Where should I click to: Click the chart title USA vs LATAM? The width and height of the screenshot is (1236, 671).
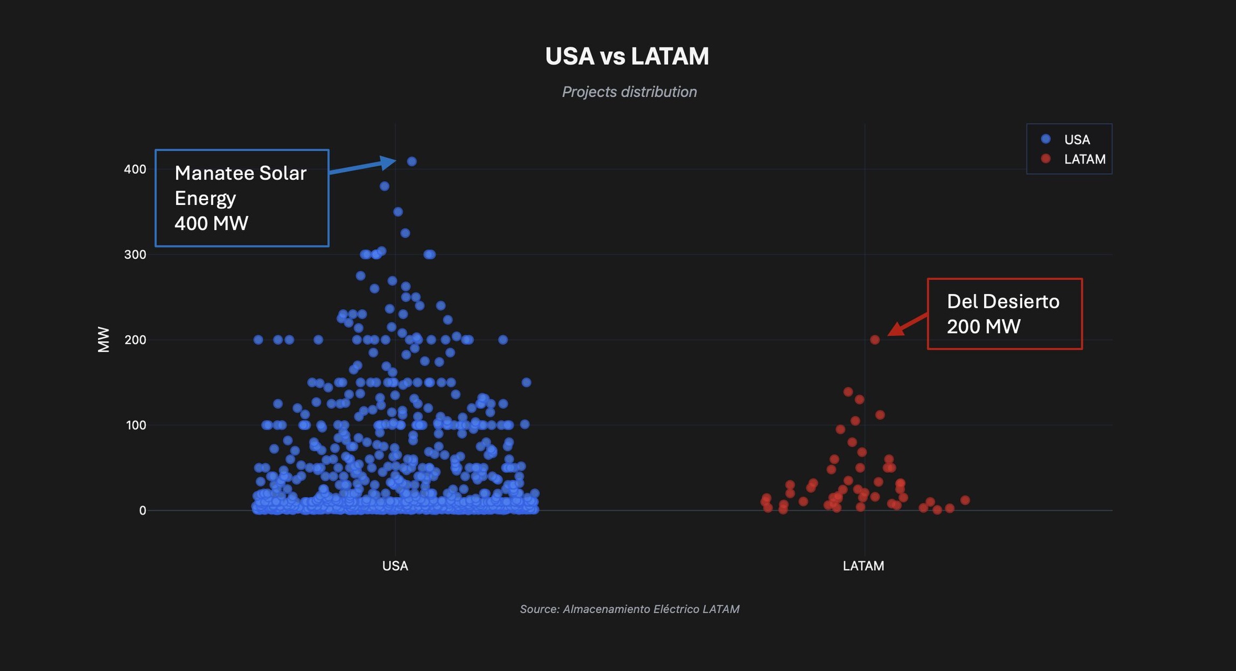[627, 56]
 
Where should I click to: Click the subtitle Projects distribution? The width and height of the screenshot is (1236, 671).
[629, 92]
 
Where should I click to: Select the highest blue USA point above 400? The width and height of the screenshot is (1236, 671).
[412, 161]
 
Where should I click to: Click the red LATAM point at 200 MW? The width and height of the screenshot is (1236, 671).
[875, 340]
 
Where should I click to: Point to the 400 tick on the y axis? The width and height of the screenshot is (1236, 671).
[135, 169]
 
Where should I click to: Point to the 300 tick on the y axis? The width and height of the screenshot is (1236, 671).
[135, 255]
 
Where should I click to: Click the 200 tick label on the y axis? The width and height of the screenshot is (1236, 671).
[135, 340]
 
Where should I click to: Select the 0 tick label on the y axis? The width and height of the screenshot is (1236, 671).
[142, 510]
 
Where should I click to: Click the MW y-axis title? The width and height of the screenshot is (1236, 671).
[103, 340]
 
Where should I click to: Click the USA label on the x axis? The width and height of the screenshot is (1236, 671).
[395, 566]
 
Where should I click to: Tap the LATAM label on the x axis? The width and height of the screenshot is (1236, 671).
[863, 566]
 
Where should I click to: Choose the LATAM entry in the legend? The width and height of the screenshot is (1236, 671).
[1084, 159]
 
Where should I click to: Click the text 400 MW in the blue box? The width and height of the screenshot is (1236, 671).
[211, 223]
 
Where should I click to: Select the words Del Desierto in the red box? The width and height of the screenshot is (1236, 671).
[1002, 301]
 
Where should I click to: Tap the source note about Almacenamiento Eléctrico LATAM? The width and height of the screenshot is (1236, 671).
[629, 609]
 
